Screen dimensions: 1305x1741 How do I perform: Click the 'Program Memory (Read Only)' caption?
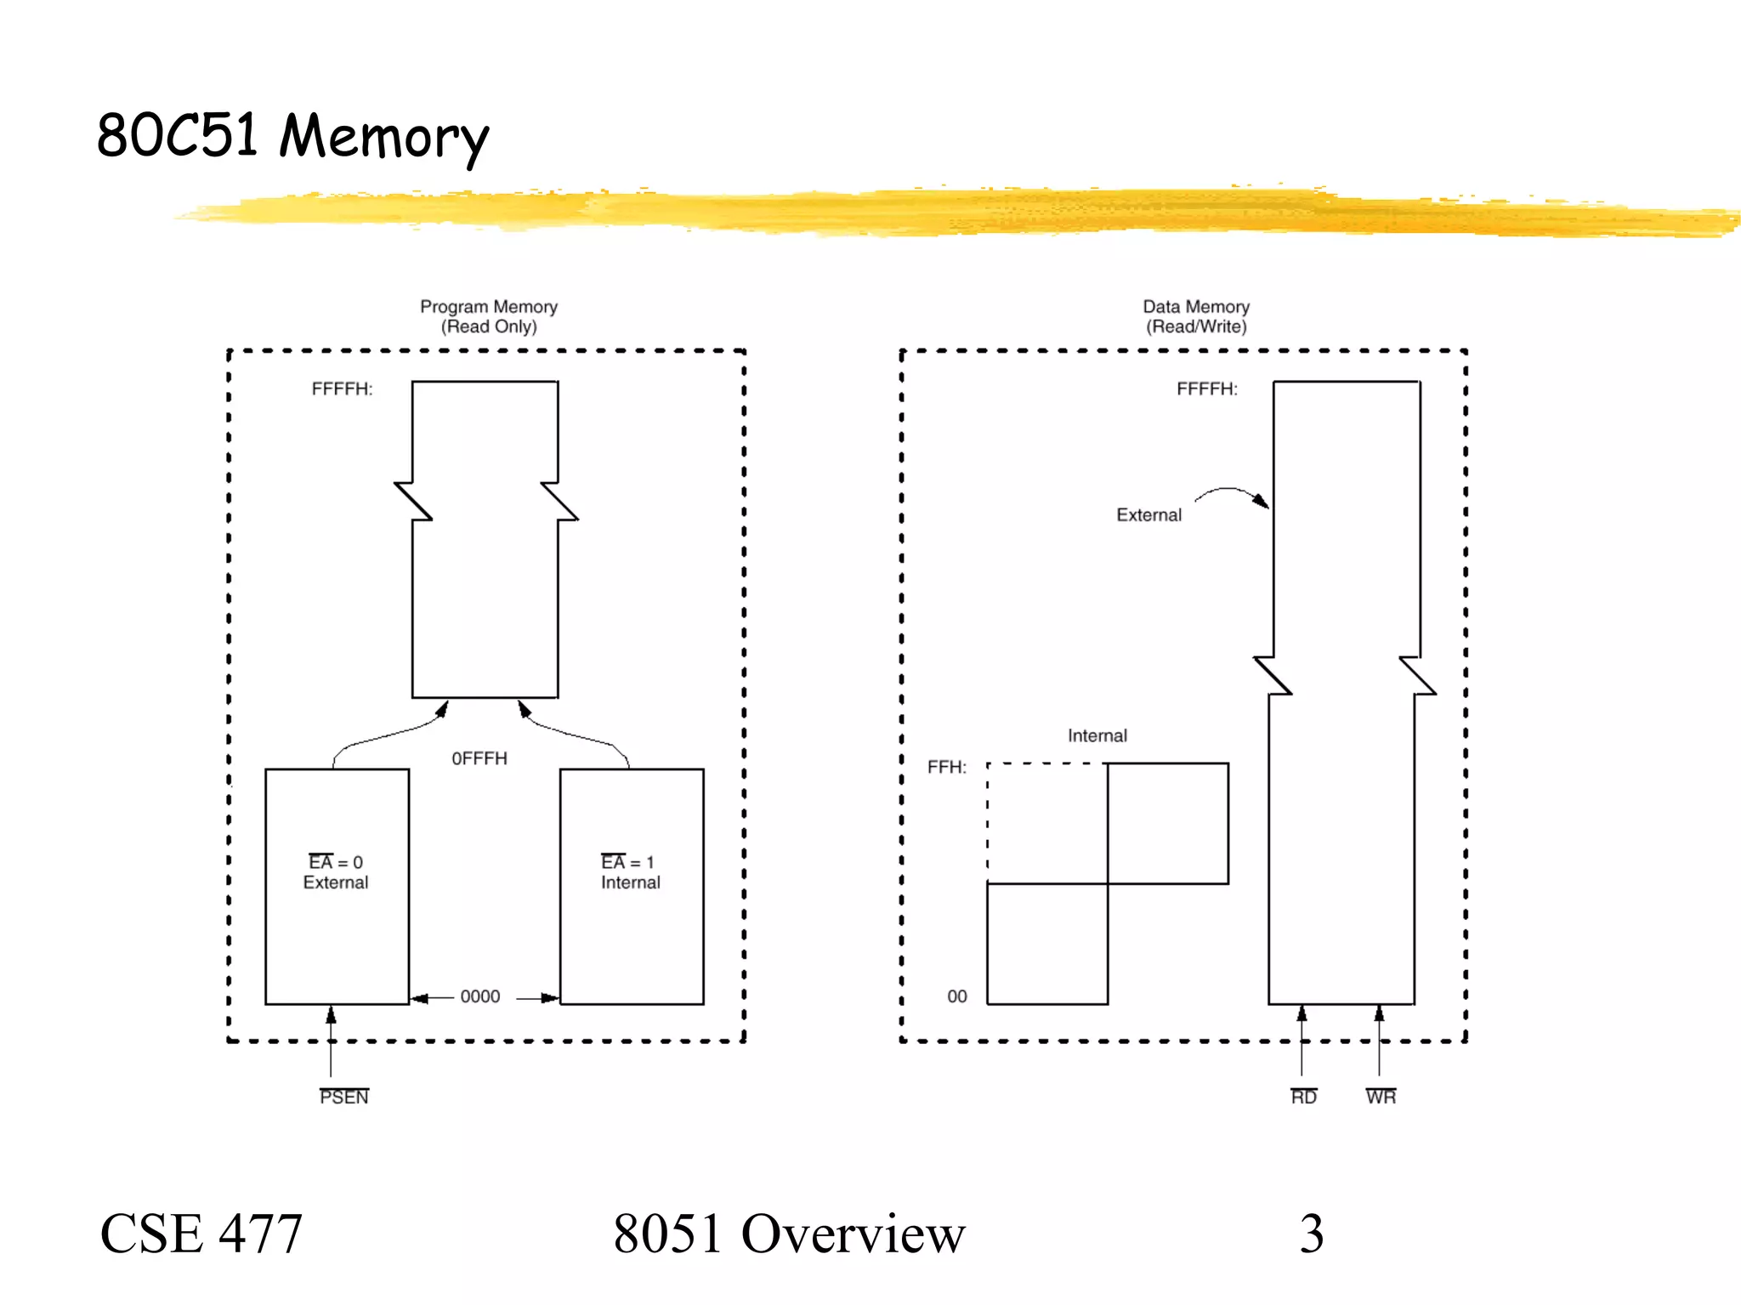[x=489, y=316]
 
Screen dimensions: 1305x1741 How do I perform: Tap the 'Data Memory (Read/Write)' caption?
[x=1195, y=316]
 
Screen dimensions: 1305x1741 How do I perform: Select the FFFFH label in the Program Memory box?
[x=342, y=389]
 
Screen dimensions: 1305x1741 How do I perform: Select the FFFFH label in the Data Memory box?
[x=1206, y=389]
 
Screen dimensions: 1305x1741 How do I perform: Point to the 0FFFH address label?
[x=479, y=758]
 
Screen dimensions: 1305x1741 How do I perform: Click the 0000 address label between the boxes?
[x=480, y=996]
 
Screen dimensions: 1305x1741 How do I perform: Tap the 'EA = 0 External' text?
[x=336, y=872]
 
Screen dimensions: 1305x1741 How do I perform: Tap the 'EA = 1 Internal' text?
[x=629, y=872]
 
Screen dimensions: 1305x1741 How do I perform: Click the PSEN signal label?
[x=344, y=1097]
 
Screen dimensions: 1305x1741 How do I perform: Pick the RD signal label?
[x=1303, y=1097]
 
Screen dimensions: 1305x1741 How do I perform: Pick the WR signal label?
[x=1381, y=1097]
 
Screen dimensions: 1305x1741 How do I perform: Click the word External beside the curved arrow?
[x=1148, y=515]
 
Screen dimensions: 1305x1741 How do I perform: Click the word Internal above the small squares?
[x=1097, y=735]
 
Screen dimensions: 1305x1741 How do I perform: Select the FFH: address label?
[x=946, y=768]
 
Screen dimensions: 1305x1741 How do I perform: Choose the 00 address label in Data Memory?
[x=957, y=996]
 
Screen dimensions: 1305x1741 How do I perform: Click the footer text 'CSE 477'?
[x=201, y=1234]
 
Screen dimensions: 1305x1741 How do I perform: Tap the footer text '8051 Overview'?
[x=789, y=1234]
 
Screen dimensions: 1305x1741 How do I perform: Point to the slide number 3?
[x=1312, y=1234]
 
